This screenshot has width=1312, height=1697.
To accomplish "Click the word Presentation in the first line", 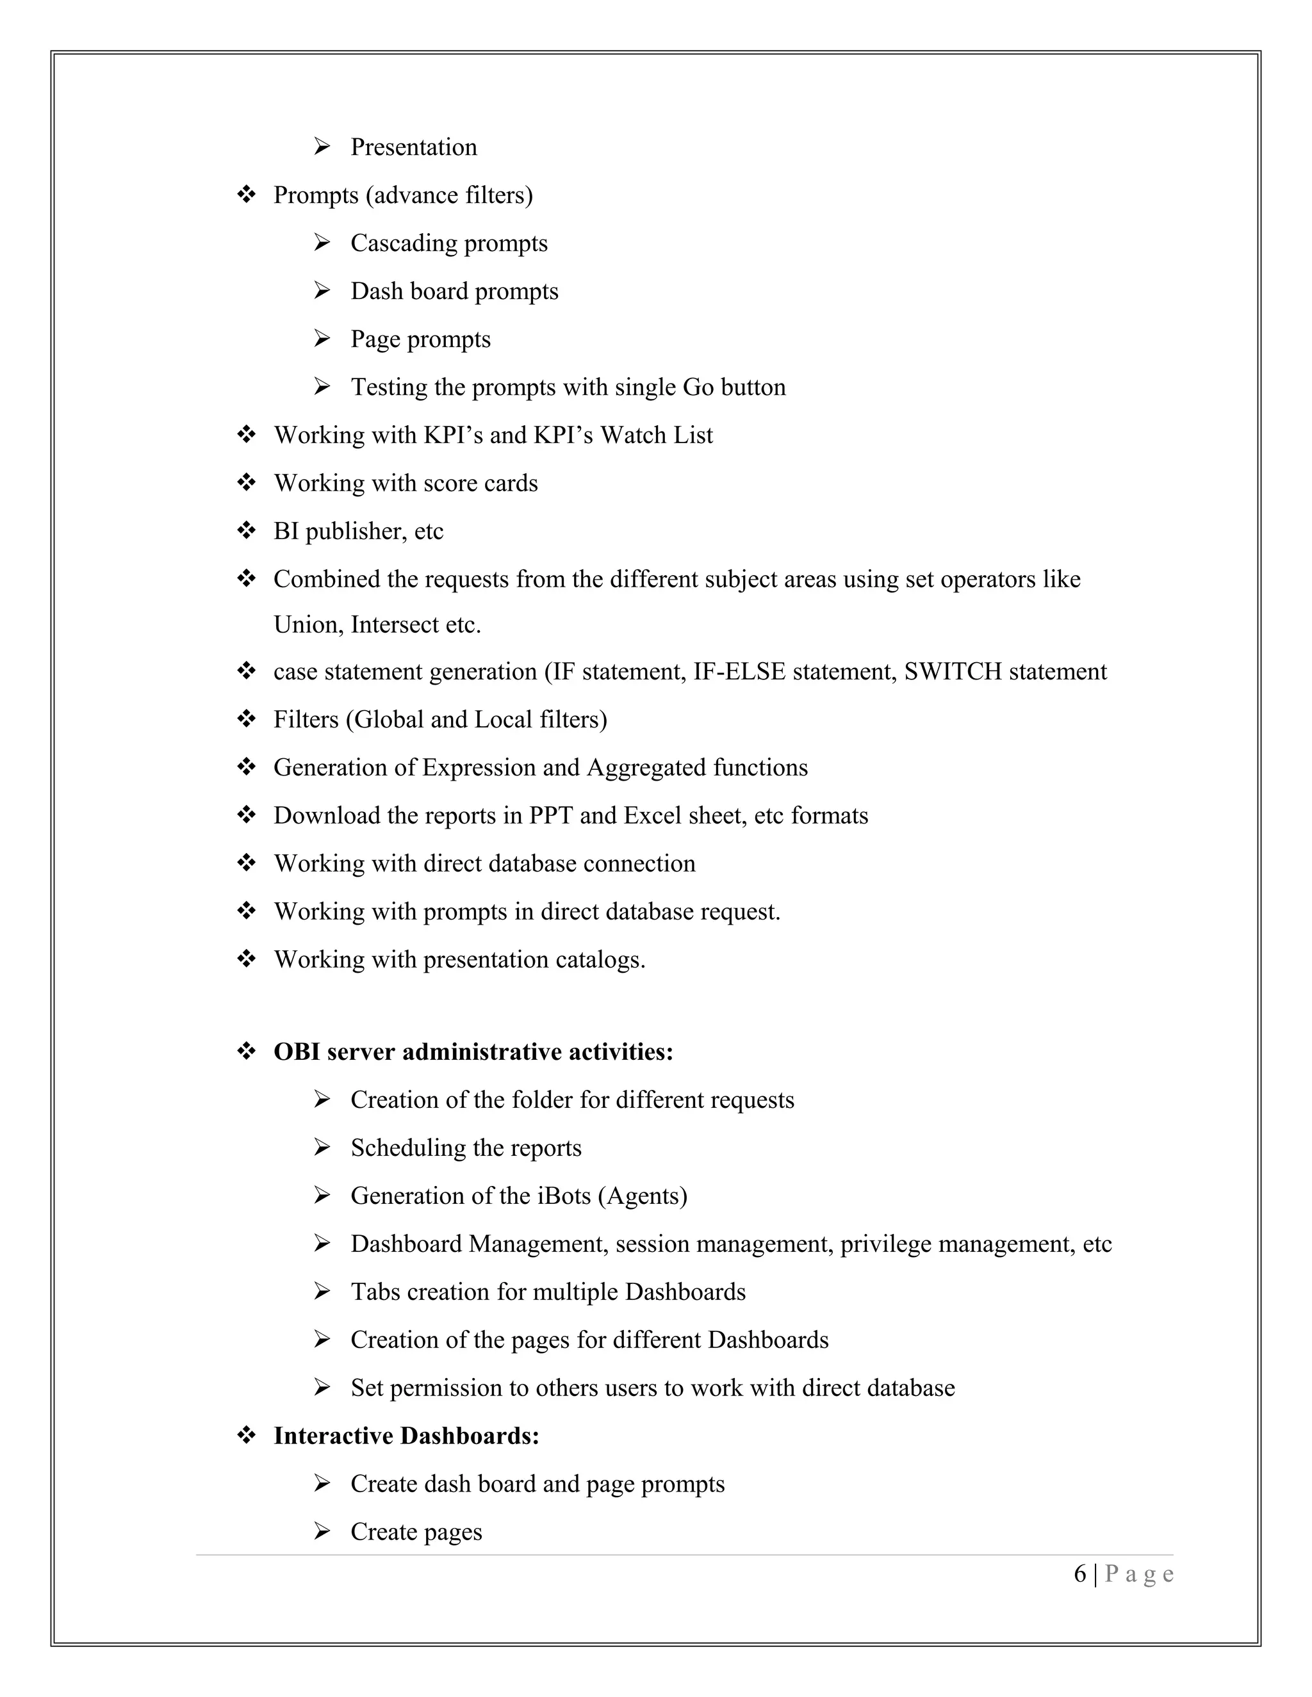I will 413,147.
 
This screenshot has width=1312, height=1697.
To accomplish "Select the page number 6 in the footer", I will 1079,1573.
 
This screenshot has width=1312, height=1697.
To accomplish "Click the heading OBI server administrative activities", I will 473,1052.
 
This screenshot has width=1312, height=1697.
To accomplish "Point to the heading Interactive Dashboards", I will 406,1436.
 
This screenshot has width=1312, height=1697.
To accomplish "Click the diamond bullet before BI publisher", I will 247,531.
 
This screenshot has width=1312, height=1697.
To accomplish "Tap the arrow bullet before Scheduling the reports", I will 322,1148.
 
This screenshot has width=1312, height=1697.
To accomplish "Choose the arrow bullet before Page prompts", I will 322,339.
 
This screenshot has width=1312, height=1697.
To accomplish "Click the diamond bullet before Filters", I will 247,720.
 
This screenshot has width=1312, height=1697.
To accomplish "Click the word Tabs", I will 375,1292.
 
